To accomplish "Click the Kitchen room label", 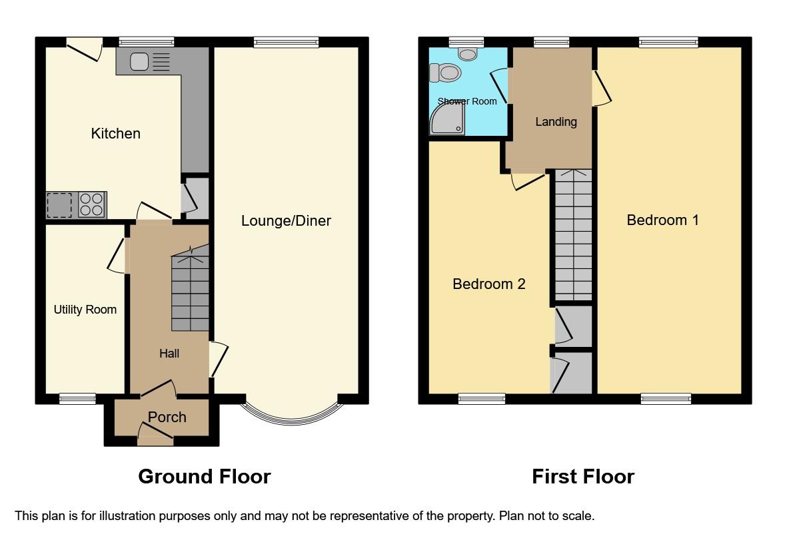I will click(x=116, y=134).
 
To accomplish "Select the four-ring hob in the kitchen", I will click(x=93, y=204).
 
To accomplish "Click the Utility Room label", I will click(x=85, y=310).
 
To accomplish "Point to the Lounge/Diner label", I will click(x=286, y=221).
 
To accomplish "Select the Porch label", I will click(x=167, y=417).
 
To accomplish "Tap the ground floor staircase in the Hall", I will click(x=191, y=293).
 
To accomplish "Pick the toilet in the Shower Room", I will click(x=446, y=71).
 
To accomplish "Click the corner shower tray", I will click(x=445, y=121).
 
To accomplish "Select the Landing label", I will click(x=556, y=122).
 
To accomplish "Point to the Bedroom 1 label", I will click(x=662, y=220).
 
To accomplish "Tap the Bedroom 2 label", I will click(x=488, y=284).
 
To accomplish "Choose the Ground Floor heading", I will click(x=204, y=477).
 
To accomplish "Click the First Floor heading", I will click(x=582, y=477).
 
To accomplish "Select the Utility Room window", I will click(x=77, y=399).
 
